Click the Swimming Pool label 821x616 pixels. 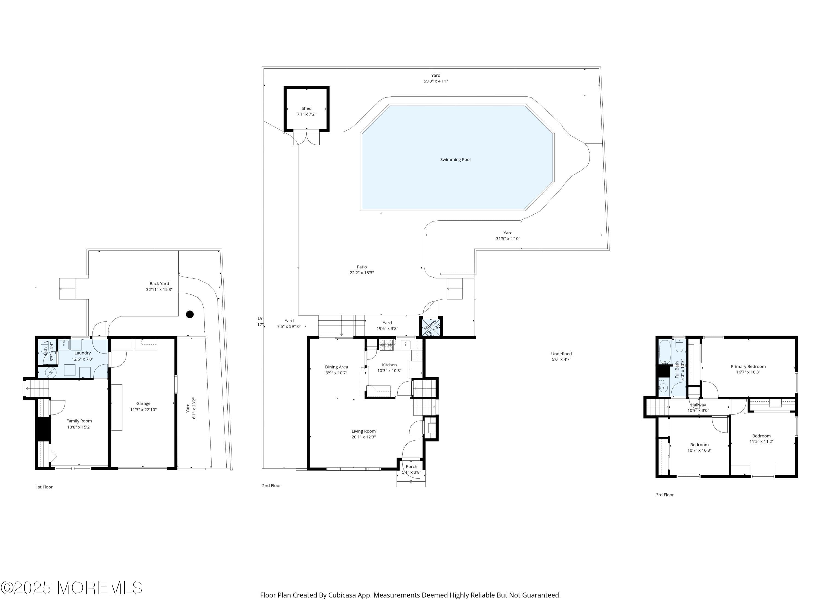pyautogui.click(x=455, y=160)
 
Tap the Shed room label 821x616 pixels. pyautogui.click(x=306, y=108)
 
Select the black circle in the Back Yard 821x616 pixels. pyautogui.click(x=190, y=315)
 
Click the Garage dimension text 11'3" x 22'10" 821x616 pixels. pyautogui.click(x=143, y=410)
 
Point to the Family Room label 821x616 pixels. pyautogui.click(x=79, y=421)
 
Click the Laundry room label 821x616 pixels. pyautogui.click(x=82, y=353)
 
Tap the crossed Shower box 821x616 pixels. pyautogui.click(x=430, y=327)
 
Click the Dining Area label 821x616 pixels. pyautogui.click(x=336, y=367)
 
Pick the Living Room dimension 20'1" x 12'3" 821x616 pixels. pyautogui.click(x=363, y=437)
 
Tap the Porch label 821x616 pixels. pyautogui.click(x=411, y=466)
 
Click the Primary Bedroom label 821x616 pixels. pyautogui.click(x=748, y=367)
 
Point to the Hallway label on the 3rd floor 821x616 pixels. pyautogui.click(x=698, y=405)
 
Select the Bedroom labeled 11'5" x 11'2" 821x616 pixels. pyautogui.click(x=761, y=439)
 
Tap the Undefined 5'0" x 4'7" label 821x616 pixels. pyautogui.click(x=561, y=356)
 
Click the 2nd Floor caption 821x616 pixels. pyautogui.click(x=271, y=486)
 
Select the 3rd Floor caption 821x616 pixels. pyautogui.click(x=664, y=495)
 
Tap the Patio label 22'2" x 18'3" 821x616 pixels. pyautogui.click(x=362, y=270)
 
